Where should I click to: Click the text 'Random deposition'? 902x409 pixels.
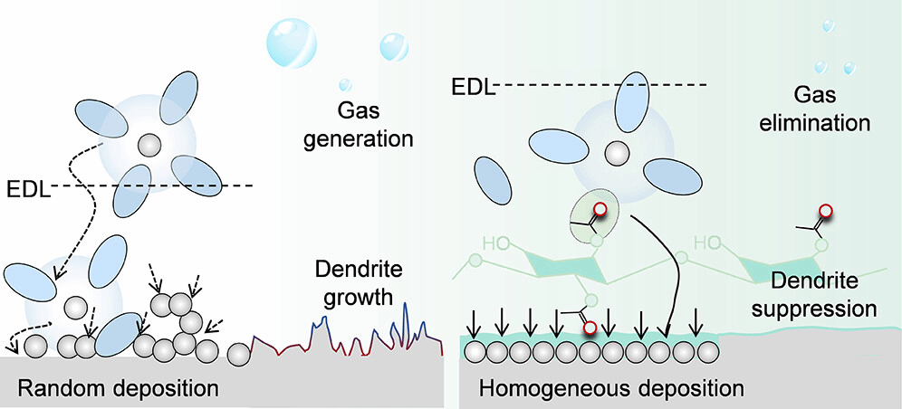[119, 389]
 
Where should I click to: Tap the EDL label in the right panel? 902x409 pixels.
[471, 87]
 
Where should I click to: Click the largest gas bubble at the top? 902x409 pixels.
[292, 37]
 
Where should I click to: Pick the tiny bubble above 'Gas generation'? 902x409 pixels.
[344, 85]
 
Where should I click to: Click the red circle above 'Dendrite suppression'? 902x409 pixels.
[826, 214]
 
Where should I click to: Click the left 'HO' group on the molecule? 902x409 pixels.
[497, 243]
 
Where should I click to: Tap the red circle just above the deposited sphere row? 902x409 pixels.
[590, 327]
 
